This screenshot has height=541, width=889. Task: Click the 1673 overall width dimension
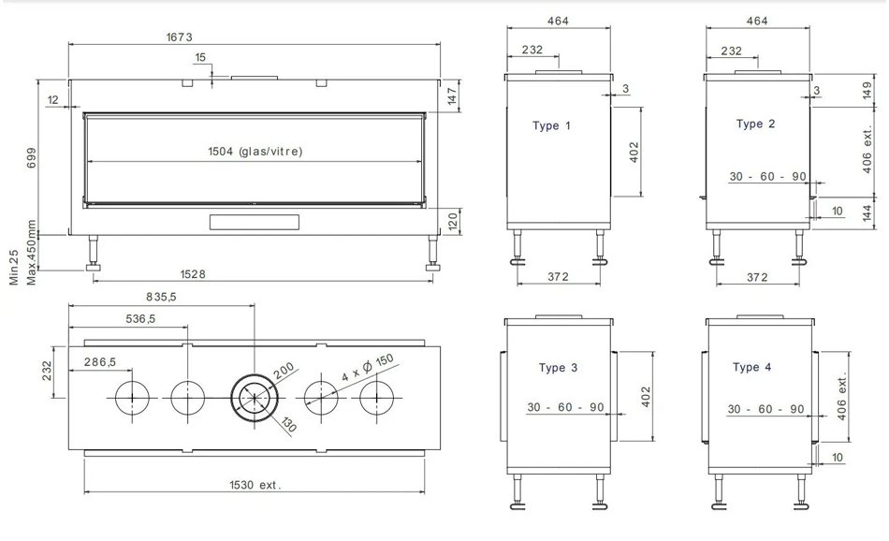pyautogui.click(x=179, y=37)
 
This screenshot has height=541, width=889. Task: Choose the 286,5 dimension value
pyautogui.click(x=98, y=361)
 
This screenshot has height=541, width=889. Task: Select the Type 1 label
pyautogui.click(x=551, y=125)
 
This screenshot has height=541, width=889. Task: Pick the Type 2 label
pyautogui.click(x=755, y=124)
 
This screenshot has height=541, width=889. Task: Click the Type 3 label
pyautogui.click(x=558, y=368)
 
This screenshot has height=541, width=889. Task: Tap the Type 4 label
pyautogui.click(x=752, y=367)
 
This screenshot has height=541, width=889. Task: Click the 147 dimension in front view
pyautogui.click(x=451, y=97)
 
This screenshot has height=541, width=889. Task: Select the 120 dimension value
pyautogui.click(x=451, y=221)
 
